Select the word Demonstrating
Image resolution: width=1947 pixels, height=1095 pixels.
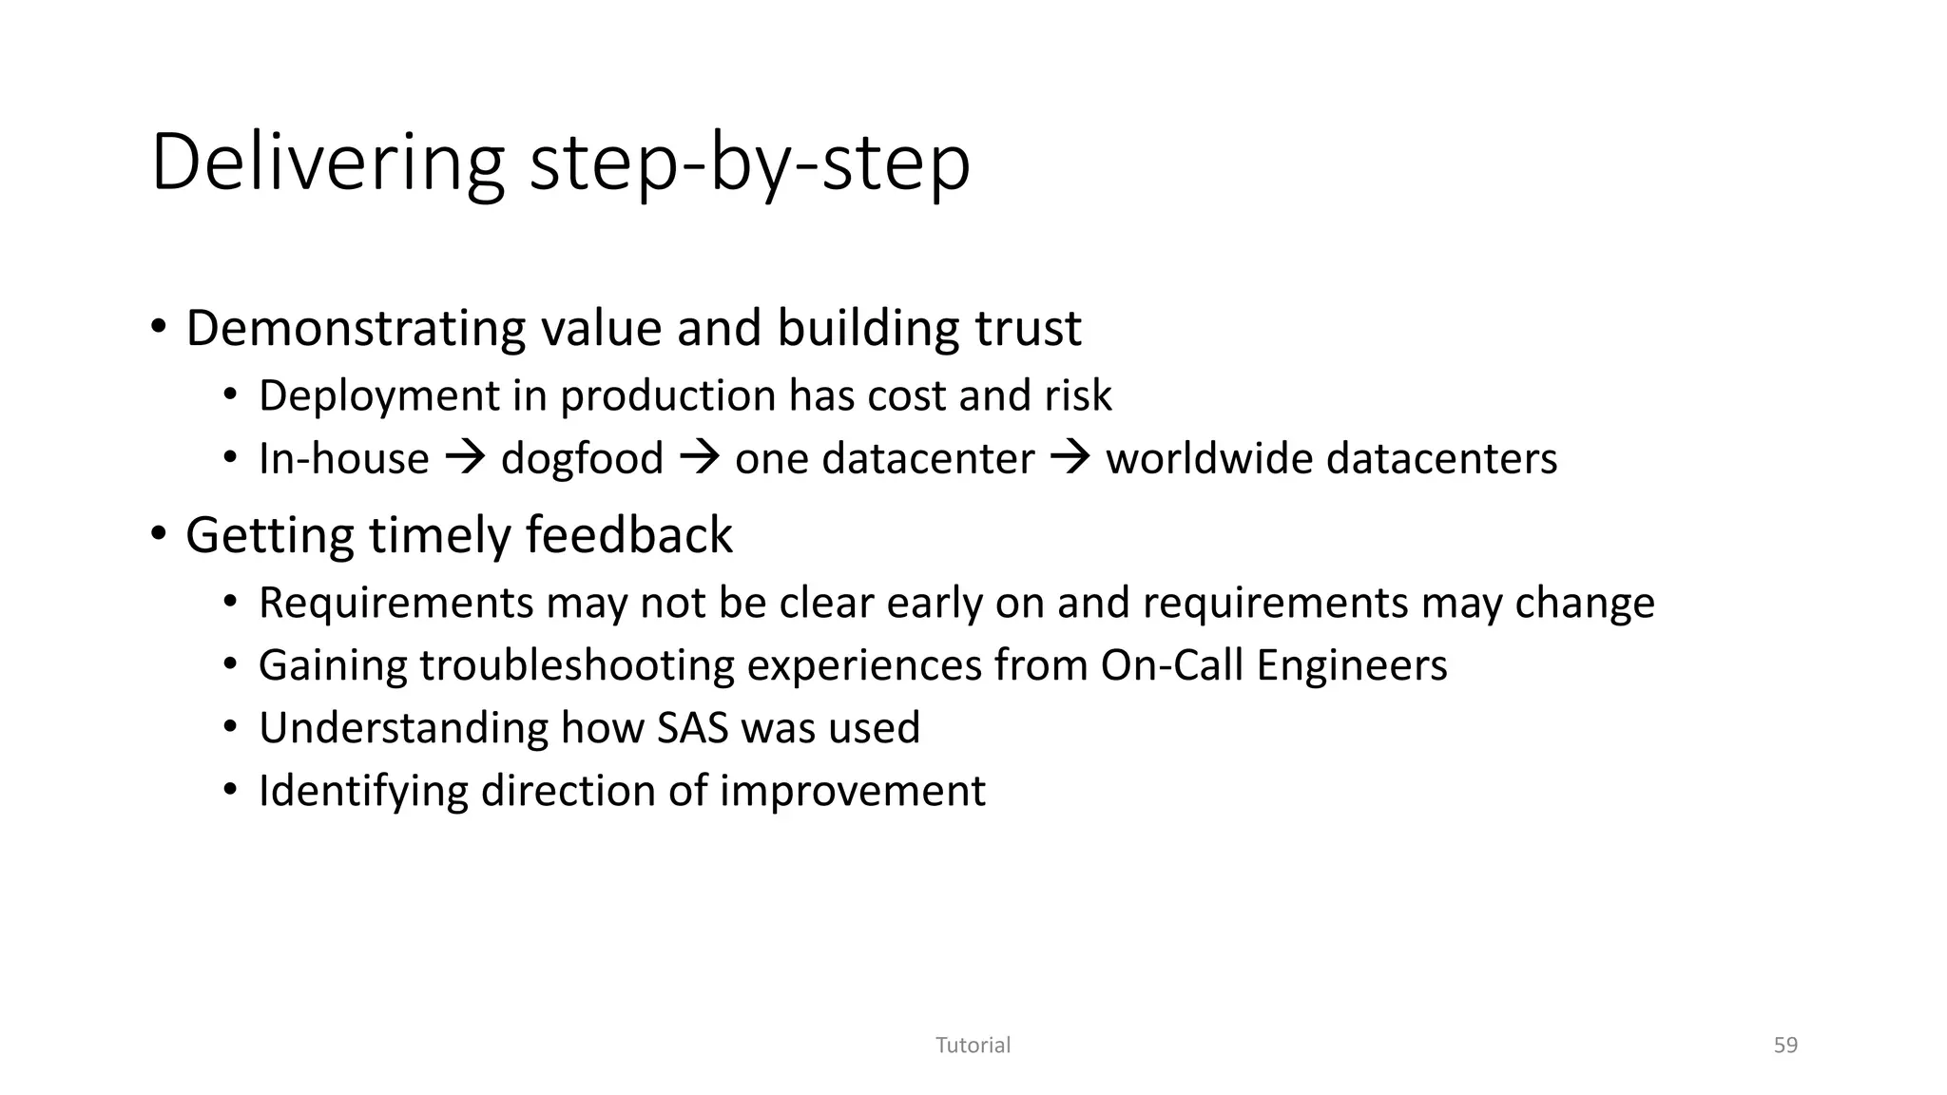[x=357, y=329]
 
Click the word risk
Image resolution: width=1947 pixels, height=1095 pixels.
[x=1078, y=396]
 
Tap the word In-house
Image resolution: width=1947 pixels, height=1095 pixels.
[x=343, y=459]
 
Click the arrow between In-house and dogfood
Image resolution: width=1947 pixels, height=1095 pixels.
[x=465, y=460]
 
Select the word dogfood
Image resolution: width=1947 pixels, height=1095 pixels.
[x=582, y=459]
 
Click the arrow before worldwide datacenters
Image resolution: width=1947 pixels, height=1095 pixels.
[x=1070, y=460]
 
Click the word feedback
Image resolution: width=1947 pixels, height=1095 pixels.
[x=628, y=535]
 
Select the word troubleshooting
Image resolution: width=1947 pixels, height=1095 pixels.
[x=576, y=665]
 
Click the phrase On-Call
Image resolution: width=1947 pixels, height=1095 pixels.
[x=1171, y=665]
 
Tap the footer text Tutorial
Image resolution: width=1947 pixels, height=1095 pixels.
[x=973, y=1046]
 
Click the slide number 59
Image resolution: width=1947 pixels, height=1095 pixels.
[x=1785, y=1046]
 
